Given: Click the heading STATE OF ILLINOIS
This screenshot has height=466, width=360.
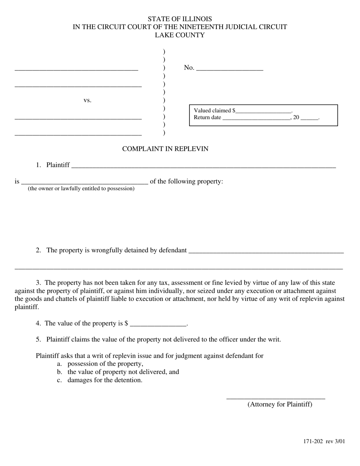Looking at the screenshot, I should (x=180, y=19).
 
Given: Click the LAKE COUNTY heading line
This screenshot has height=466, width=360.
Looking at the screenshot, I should (x=180, y=35).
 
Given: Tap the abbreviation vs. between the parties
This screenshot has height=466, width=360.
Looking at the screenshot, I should (x=88, y=100).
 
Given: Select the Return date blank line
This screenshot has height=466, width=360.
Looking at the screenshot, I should (x=257, y=118).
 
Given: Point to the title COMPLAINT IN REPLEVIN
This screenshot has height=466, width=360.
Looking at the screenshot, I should (x=165, y=149).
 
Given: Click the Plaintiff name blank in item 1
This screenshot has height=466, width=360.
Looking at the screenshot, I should (x=203, y=166).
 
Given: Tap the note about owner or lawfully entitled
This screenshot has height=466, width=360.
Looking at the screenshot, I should (x=81, y=188).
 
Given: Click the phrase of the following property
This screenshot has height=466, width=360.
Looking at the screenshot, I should (x=186, y=181).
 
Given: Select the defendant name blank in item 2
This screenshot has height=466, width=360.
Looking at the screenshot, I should (x=266, y=251).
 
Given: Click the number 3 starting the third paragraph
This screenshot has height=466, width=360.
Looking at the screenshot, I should (x=38, y=283).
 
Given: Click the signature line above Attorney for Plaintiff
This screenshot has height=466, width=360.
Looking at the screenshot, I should (x=275, y=398).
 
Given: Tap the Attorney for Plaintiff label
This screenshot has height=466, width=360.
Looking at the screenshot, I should (x=280, y=404).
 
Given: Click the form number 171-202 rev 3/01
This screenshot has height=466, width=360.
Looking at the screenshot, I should (x=324, y=441).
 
